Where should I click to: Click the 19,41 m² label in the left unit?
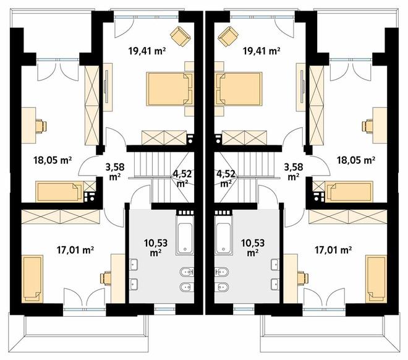(x=147, y=51)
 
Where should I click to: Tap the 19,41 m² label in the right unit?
(x=261, y=51)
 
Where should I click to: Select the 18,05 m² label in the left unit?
(x=53, y=160)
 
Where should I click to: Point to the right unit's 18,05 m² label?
(x=356, y=160)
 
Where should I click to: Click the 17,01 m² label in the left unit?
(x=75, y=250)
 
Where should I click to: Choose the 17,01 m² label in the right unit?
(x=333, y=250)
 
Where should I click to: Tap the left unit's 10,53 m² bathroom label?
(x=156, y=247)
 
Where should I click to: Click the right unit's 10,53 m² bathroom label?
(x=253, y=247)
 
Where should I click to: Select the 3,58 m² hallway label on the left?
(x=115, y=171)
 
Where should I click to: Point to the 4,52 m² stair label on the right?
(x=226, y=178)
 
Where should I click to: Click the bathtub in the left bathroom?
(x=185, y=235)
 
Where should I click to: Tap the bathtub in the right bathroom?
(x=223, y=235)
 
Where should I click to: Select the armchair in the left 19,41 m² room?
(x=181, y=36)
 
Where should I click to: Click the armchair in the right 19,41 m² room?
(x=228, y=36)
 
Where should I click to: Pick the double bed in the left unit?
(x=169, y=89)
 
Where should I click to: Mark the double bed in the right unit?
(x=239, y=89)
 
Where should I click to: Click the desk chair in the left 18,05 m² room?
(x=41, y=126)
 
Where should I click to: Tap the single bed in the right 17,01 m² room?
(x=376, y=279)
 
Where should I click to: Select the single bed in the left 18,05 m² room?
(x=59, y=192)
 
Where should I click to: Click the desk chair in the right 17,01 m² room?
(x=303, y=278)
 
